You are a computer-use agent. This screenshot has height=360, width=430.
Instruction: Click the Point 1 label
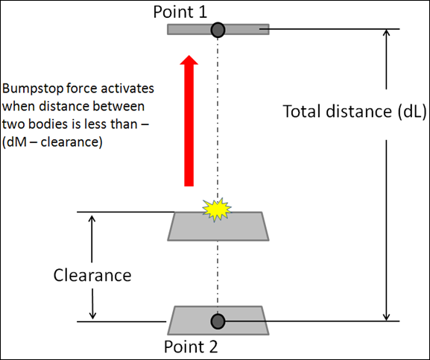coord(180,12)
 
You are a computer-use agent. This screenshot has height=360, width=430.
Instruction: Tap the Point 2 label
coord(191,347)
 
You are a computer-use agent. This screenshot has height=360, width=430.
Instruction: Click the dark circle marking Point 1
coord(218,30)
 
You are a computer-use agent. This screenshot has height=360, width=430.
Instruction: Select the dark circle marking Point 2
coord(218,321)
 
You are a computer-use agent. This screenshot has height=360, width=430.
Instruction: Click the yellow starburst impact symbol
coord(217,209)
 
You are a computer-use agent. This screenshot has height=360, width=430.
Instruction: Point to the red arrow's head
coord(189,60)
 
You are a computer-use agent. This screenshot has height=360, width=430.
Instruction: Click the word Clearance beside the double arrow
coord(92,275)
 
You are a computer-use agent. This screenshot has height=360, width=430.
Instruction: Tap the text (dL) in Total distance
coord(412,112)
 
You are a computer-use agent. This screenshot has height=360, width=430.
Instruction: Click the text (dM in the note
coord(13,142)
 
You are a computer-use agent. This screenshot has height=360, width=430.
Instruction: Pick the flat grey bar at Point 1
coord(218,29)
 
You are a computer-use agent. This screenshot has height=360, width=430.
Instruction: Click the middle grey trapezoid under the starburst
coord(218,227)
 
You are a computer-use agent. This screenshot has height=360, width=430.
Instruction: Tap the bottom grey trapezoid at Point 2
coord(218,320)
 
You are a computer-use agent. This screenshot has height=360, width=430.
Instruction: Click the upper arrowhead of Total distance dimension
coord(386,33)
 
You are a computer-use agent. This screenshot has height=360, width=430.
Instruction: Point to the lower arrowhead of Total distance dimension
coord(386,317)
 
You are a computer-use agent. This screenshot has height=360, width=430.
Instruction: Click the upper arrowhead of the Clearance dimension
coord(92,219)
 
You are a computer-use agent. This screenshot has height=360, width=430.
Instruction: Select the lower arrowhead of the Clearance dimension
coord(92,315)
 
